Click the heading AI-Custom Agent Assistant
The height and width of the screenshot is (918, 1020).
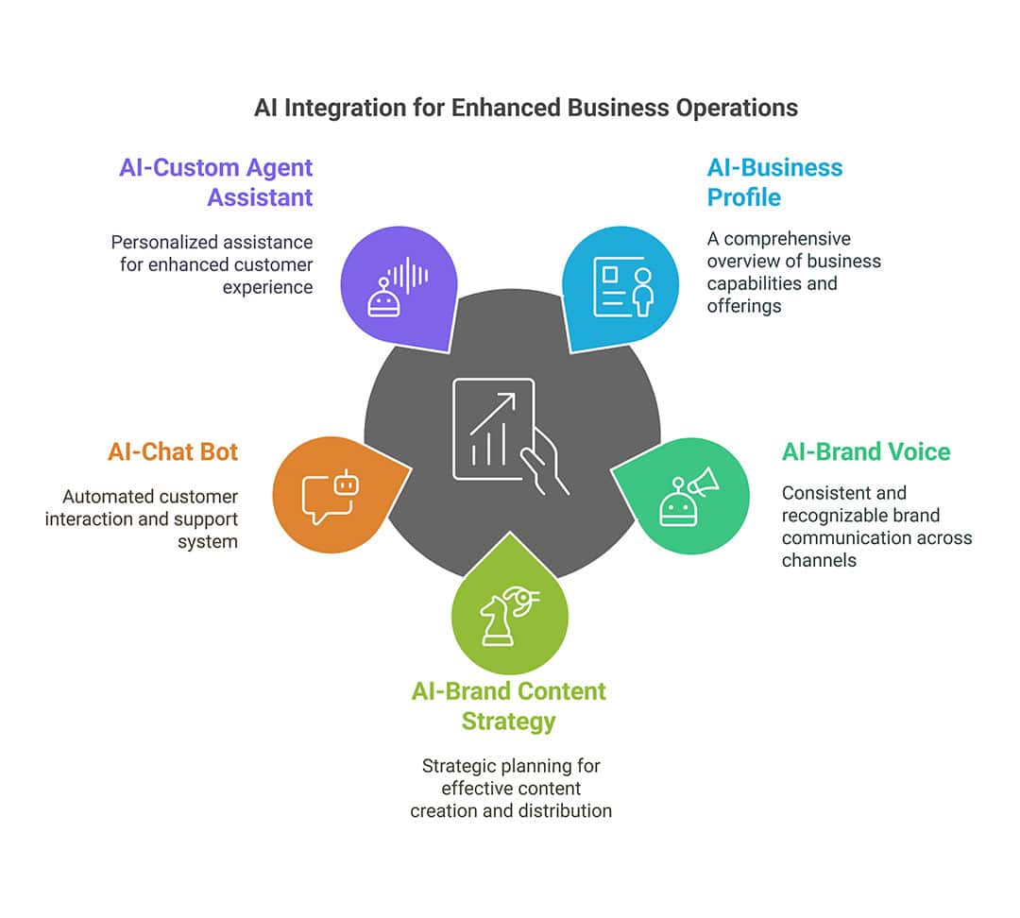[x=216, y=182]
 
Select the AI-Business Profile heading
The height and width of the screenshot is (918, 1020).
[x=774, y=182]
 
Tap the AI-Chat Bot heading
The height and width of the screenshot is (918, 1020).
[x=173, y=451]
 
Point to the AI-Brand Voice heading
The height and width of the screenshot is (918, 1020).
[x=866, y=451]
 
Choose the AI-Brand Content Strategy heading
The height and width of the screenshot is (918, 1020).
[x=509, y=705]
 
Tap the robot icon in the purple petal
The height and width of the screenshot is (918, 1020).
[x=383, y=298]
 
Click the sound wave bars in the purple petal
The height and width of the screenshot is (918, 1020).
[x=409, y=275]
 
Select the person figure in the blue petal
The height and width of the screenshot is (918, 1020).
[x=643, y=292]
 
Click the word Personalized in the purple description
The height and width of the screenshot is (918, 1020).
[x=157, y=242]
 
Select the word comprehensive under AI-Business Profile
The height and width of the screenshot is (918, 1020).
[x=787, y=239]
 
